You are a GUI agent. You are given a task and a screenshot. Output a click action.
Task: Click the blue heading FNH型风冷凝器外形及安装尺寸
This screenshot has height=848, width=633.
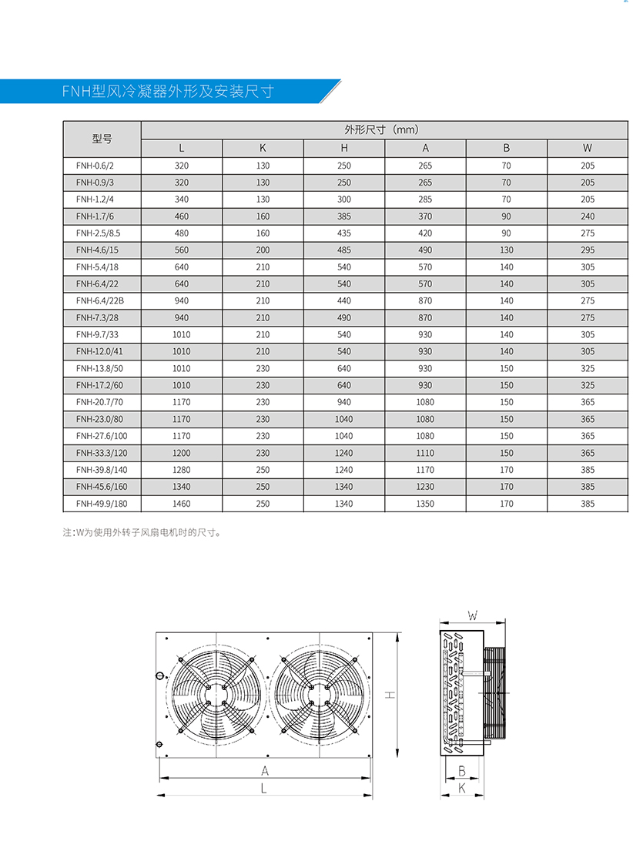coord(167,92)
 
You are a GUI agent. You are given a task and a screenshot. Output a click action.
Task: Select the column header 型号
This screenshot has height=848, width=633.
coord(102,139)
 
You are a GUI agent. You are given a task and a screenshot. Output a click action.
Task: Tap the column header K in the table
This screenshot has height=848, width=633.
coord(263,148)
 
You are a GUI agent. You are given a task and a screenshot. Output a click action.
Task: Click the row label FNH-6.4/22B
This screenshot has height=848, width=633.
coord(100,300)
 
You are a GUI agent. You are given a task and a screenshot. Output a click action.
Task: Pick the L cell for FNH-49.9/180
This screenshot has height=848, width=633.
coord(182,504)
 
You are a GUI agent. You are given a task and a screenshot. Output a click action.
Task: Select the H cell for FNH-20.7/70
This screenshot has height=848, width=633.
coord(344,402)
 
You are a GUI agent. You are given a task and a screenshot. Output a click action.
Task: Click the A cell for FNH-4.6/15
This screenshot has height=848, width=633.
coord(425,250)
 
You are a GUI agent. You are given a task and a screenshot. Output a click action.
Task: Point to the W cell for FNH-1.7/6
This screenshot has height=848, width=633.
coord(588,216)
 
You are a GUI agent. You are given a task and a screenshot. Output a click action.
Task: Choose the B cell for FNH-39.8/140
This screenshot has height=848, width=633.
coord(506,470)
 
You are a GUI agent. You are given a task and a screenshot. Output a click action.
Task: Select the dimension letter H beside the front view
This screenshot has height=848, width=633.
coord(390,695)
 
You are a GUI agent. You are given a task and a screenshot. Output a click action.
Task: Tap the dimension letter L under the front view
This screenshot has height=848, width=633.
coord(263,789)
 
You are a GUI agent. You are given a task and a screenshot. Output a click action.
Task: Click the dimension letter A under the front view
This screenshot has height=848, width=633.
coord(264,770)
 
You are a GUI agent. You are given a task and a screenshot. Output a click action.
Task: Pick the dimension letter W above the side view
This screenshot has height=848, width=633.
coord(473,615)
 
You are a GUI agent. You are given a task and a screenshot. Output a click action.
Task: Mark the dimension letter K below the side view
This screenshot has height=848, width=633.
coord(461,788)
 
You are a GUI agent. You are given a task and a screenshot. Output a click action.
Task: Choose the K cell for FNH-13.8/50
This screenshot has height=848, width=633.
coord(263,368)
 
